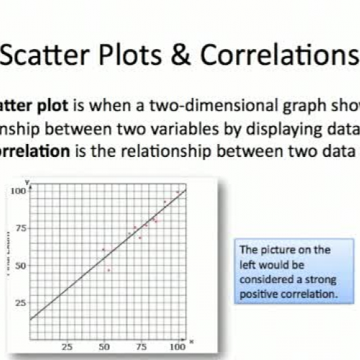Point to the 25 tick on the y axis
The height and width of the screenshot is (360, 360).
click(x=22, y=303)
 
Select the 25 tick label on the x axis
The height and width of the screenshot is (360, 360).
click(x=67, y=346)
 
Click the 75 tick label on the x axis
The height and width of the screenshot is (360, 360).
click(x=141, y=346)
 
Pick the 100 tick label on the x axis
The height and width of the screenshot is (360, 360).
click(x=176, y=346)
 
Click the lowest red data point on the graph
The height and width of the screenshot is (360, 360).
click(x=109, y=270)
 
